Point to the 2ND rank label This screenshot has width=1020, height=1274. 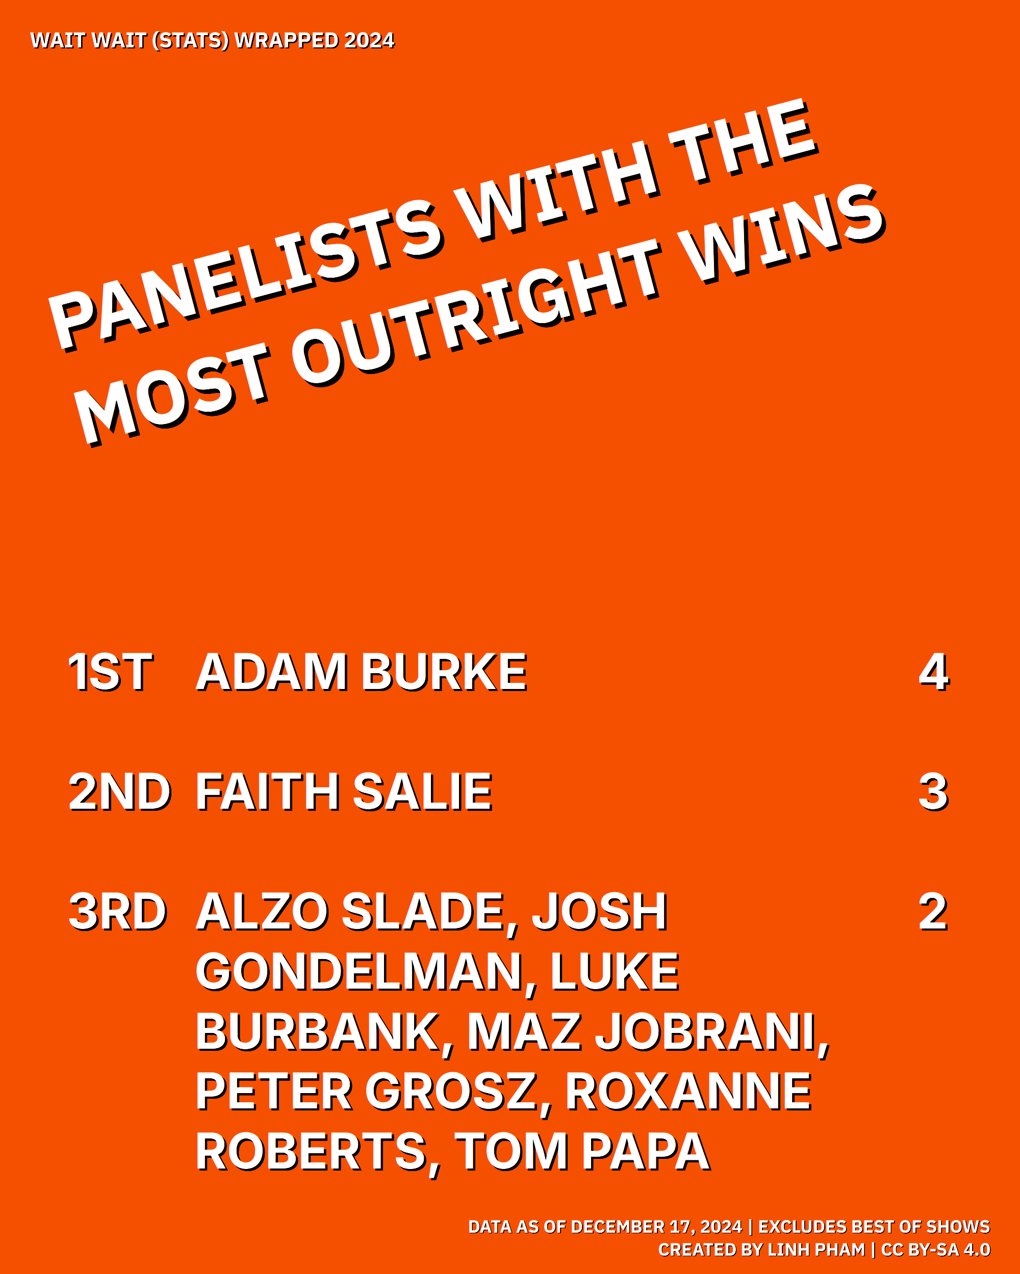tap(120, 792)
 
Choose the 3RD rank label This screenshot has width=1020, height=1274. tap(118, 912)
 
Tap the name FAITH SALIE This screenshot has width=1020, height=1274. tap(344, 792)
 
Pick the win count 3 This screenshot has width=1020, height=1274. tap(934, 792)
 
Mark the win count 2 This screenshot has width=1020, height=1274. tap(934, 912)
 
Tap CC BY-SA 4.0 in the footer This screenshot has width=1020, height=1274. tap(935, 1250)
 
